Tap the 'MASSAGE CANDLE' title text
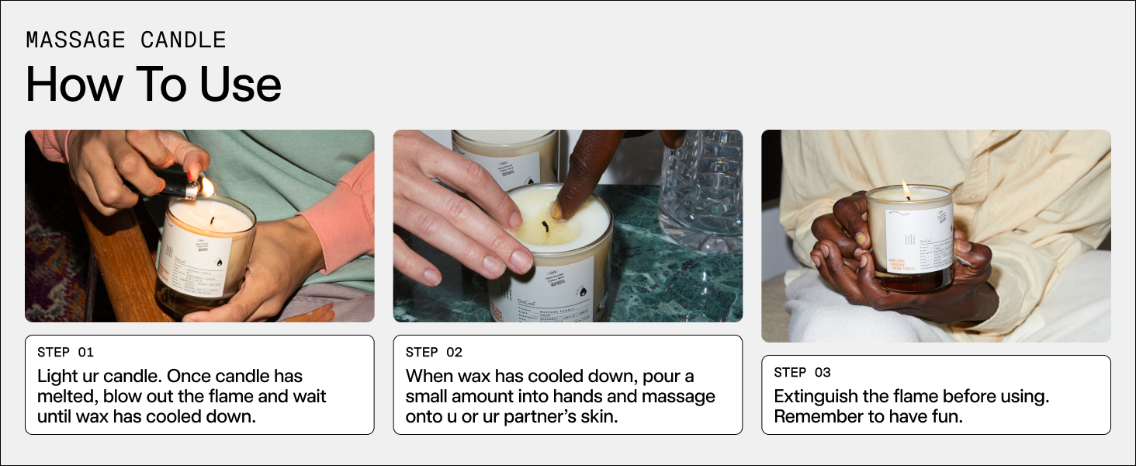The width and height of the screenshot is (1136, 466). (x=126, y=40)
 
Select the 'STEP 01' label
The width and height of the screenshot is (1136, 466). (x=65, y=353)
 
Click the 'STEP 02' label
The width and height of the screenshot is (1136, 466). (x=434, y=353)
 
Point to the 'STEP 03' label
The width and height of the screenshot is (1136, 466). (x=802, y=373)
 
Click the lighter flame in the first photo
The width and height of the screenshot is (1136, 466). (x=207, y=186)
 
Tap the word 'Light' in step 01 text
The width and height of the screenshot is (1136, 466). (x=58, y=376)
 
